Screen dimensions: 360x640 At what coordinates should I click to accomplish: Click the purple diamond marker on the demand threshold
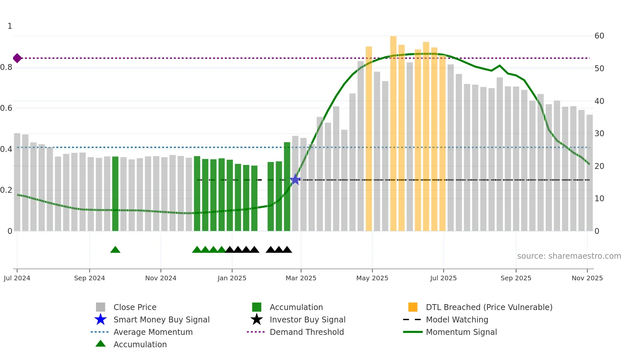(17, 58)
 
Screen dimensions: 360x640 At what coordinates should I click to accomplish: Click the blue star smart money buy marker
(295, 179)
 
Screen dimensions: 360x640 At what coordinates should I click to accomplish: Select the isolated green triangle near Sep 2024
(115, 250)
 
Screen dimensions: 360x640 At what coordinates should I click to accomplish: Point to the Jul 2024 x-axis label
(17, 278)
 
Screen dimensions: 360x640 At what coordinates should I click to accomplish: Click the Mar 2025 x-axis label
(301, 278)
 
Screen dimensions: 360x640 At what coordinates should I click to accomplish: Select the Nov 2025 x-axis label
(587, 278)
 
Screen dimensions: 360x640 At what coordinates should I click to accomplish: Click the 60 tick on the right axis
(599, 36)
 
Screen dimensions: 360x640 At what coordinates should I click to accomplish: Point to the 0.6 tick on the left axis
(6, 108)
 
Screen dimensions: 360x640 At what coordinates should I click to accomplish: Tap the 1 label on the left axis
(10, 26)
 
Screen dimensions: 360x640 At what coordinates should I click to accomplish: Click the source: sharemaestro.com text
(569, 256)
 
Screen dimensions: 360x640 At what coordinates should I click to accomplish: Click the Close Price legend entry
(135, 307)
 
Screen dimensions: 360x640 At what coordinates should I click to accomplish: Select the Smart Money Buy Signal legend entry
(161, 319)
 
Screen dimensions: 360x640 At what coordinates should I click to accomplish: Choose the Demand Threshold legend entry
(307, 332)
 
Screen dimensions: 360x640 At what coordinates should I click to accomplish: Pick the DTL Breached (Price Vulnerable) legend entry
(489, 307)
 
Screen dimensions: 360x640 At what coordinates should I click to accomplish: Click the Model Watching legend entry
(457, 319)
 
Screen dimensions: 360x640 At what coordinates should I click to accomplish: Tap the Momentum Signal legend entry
(461, 332)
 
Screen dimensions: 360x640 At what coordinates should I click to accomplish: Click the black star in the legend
(257, 319)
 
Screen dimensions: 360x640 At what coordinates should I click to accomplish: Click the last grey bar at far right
(589, 173)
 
